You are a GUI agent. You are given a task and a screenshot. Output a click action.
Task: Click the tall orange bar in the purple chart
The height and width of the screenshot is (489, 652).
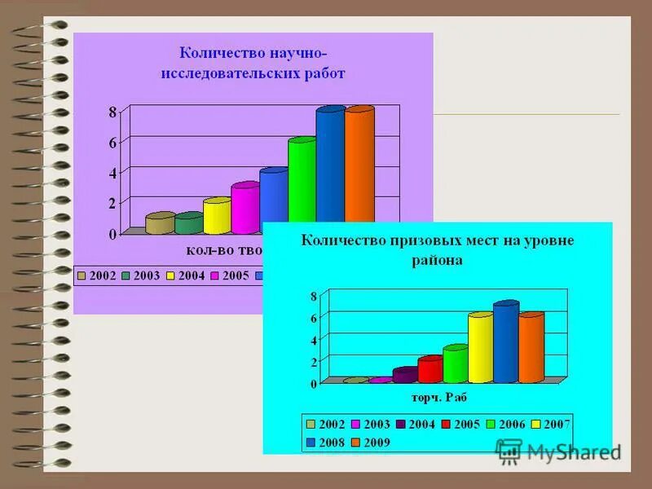359,163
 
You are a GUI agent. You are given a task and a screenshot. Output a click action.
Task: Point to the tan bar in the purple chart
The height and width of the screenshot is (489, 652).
160,224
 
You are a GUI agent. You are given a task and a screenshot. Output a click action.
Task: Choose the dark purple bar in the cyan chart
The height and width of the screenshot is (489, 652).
404,376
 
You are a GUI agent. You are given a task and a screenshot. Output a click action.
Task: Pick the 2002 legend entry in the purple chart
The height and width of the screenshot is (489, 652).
97,275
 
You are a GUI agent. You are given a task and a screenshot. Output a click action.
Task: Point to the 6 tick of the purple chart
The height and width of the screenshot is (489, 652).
113,143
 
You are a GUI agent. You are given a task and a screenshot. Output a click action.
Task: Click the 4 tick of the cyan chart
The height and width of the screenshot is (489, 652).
313,339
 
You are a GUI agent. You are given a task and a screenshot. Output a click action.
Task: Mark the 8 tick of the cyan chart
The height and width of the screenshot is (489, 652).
313,296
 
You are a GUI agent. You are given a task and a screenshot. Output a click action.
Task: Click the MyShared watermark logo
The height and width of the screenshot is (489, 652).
558,451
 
